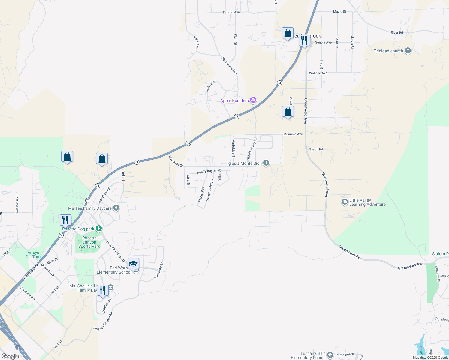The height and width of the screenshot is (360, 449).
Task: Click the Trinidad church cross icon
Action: [x=408, y=51]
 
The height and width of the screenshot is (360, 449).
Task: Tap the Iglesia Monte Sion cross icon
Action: [x=266, y=163]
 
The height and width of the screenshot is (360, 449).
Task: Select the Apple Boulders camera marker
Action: [x=253, y=100]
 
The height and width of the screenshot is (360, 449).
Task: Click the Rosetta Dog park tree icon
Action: [x=98, y=229]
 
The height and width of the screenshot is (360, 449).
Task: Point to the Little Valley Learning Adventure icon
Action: [x=345, y=202]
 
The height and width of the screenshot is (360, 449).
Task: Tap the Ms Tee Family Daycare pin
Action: [x=116, y=208]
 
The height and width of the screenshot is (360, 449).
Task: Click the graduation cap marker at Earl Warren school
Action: [x=134, y=264]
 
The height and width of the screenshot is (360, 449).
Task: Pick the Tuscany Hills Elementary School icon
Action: [x=330, y=355]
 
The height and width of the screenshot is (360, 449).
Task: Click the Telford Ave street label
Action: [x=231, y=12]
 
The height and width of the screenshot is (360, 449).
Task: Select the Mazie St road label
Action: [x=339, y=12]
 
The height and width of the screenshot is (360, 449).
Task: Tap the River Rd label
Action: [x=397, y=32]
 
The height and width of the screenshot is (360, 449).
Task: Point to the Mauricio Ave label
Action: [x=293, y=134]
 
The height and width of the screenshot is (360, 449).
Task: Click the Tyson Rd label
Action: [x=316, y=149]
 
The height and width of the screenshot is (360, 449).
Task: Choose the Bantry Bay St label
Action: [x=207, y=171]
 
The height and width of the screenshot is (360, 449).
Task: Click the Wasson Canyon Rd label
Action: [x=103, y=321]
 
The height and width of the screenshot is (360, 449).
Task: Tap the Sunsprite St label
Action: [x=159, y=271]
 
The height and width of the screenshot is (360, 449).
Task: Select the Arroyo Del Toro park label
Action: [x=33, y=255]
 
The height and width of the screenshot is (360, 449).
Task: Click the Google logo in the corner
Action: [x=10, y=356]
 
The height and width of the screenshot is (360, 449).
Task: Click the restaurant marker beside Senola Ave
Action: [x=304, y=40]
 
